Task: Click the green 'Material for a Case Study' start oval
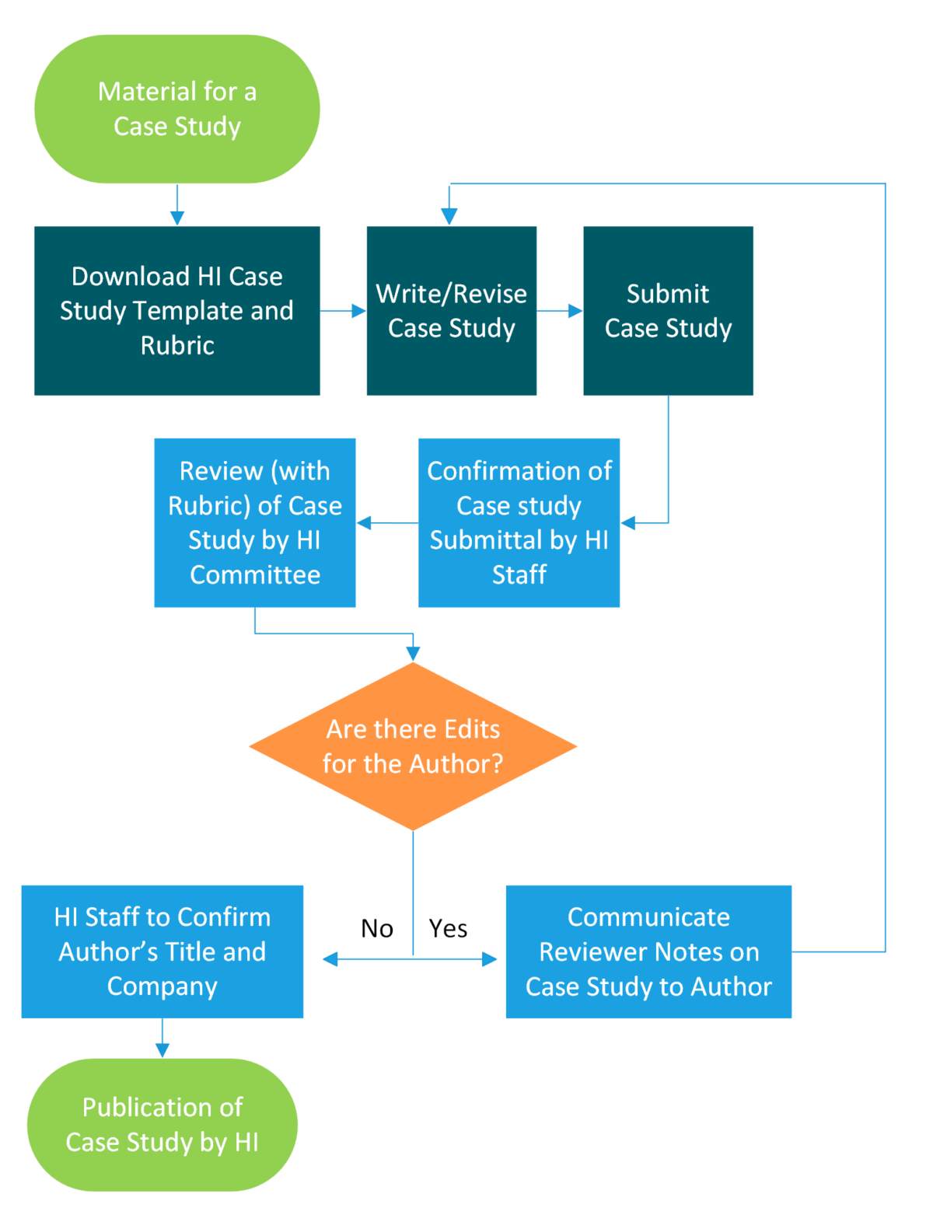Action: pos(177,109)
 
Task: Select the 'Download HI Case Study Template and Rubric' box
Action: pos(177,311)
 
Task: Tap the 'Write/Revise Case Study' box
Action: pos(452,311)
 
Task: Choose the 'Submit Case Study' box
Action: pos(668,311)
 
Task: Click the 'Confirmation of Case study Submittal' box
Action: pos(519,522)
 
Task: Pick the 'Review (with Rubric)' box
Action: pos(255,522)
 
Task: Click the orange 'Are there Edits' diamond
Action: pos(413,746)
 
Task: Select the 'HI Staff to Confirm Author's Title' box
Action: pos(162,951)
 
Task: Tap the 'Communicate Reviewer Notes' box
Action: pos(648,951)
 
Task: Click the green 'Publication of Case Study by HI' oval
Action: pos(162,1124)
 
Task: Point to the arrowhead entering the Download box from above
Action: pos(177,217)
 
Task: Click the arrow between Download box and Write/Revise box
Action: pos(344,311)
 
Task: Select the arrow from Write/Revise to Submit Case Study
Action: pos(560,311)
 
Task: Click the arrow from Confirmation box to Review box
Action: pos(387,523)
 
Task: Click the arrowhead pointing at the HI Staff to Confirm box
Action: pos(330,959)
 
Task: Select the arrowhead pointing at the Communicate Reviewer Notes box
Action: pos(489,959)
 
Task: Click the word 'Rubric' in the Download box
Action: pos(177,345)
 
